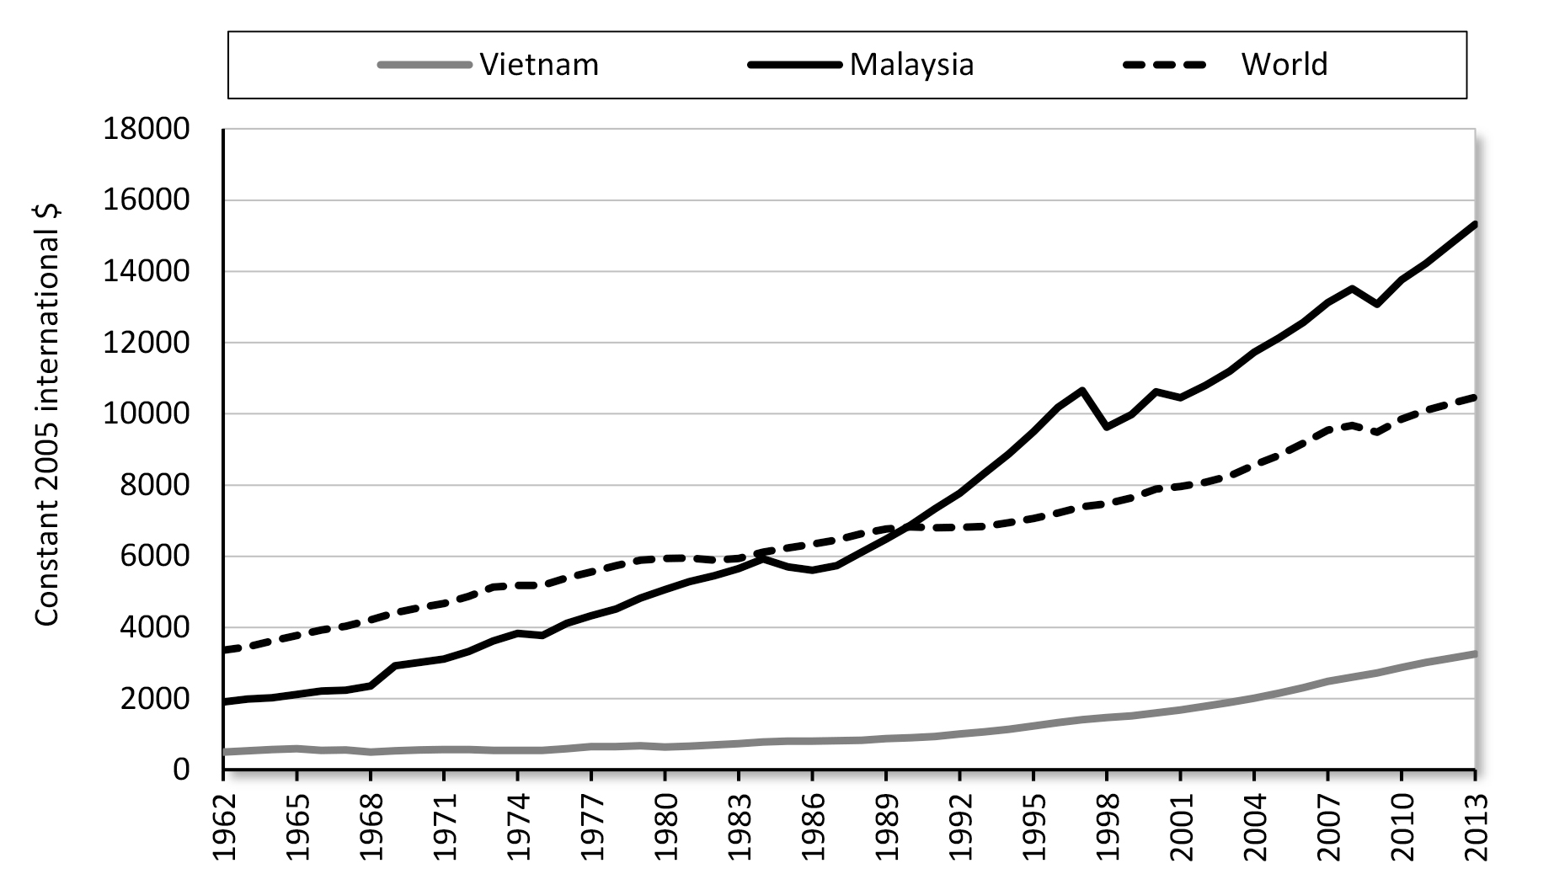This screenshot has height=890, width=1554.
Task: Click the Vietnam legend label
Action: (539, 64)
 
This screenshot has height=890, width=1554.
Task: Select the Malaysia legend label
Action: (911, 64)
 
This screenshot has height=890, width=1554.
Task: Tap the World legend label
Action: (1284, 64)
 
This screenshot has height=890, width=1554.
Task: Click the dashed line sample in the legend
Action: (1167, 65)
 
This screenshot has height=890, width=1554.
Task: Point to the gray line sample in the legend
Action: (424, 65)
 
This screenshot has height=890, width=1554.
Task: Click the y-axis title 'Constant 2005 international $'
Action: (48, 417)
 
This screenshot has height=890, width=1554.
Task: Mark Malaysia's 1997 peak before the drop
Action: (1082, 390)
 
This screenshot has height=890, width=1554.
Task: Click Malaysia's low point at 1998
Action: (1107, 428)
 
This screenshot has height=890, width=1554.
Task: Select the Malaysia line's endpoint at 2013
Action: (1475, 224)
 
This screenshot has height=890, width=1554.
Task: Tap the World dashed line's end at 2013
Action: (1475, 397)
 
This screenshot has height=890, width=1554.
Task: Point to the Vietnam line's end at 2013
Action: (1475, 653)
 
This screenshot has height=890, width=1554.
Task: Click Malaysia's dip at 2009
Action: (1377, 304)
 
